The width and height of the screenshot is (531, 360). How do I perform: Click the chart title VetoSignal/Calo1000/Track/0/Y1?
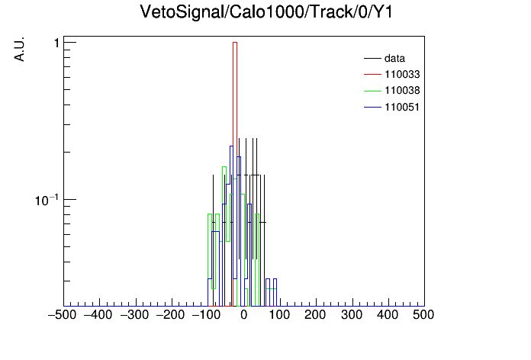pos(266,12)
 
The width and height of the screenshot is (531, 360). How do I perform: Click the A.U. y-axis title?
pos(19,49)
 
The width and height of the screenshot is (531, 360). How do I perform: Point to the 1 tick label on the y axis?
pos(56,43)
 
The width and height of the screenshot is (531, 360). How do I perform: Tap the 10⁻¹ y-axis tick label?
pos(47,200)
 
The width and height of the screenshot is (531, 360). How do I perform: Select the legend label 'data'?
pos(394,59)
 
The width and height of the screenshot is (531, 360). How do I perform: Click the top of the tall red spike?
pos(235,43)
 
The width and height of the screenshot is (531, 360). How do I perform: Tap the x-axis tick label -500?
pos(62,315)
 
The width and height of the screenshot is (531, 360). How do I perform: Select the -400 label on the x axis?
pos(98,315)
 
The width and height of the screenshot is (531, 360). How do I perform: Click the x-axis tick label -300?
pos(134,315)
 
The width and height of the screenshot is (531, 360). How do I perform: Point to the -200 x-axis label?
pos(170,315)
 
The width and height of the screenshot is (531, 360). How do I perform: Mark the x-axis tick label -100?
pos(207,315)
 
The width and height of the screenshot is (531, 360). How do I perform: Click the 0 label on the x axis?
pos(244,315)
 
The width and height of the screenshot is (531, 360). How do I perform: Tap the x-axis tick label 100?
pos(279,315)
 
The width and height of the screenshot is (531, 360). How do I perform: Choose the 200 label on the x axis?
pos(315,315)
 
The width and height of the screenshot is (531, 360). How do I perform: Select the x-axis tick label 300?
pos(352,315)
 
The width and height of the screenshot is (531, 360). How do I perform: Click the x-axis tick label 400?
pos(388,315)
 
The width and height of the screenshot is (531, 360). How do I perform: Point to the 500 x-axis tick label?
pos(423,315)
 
